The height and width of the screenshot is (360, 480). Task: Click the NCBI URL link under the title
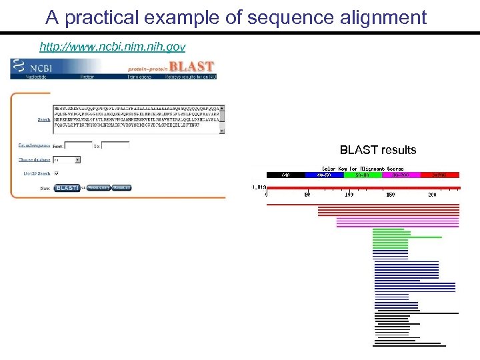tap(113, 47)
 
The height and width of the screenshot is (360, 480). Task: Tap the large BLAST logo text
tap(191, 67)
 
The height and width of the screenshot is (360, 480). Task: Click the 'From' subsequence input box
tap(78, 145)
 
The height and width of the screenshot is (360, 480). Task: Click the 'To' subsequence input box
tap(115, 145)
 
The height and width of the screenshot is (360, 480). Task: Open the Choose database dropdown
tap(67, 160)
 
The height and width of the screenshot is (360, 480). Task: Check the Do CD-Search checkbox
tap(57, 173)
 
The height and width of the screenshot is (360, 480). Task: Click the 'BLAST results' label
tap(377, 150)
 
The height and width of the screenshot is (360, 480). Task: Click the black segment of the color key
tap(285, 175)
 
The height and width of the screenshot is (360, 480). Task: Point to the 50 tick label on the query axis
tap(307, 195)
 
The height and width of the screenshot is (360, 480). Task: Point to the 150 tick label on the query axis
tap(390, 195)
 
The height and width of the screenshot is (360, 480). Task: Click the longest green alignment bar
tap(407, 237)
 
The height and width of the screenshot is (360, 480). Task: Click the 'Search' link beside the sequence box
tap(43, 120)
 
